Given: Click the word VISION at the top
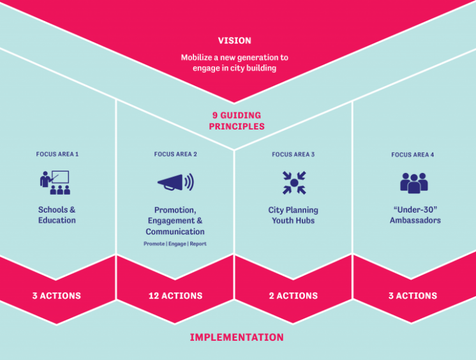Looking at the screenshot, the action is coord(234,40).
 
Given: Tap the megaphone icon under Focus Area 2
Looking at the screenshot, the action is coord(175,183).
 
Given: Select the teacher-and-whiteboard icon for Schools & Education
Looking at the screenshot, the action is coord(55,183).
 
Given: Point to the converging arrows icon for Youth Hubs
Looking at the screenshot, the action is coord(294,183).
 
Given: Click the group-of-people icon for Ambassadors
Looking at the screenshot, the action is coord(413,183).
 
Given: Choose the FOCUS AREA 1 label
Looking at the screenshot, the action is coord(57,154).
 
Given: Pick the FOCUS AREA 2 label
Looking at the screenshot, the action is coord(175,154).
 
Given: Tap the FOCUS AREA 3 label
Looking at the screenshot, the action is coord(294,154).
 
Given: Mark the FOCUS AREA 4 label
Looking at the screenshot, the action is coord(413,154).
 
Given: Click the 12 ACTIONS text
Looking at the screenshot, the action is coord(175,296).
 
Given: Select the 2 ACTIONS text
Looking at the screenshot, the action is coord(294,296).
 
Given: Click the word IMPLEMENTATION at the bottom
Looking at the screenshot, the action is coord(237,337).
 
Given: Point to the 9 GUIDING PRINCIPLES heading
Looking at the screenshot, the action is coord(237,121).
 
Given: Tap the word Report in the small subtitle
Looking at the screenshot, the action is coord(198,244).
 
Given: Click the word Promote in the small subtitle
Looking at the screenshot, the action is coord(154,244).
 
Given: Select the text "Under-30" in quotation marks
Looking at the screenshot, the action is coord(415,209).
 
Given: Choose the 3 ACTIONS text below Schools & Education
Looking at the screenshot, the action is coord(57,296).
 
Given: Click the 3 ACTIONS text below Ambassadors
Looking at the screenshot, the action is coord(413,296).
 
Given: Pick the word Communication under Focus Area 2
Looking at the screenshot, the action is coord(175,232).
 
